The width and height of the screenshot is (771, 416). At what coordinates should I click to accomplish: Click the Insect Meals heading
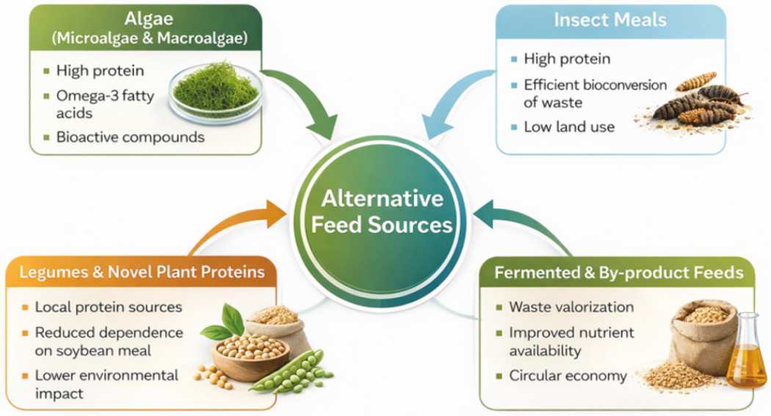click(610, 20)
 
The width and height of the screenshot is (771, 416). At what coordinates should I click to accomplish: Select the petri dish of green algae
click(215, 93)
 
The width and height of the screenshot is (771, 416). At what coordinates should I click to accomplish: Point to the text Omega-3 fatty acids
click(105, 104)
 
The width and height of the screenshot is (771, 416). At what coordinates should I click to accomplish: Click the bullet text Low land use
click(569, 127)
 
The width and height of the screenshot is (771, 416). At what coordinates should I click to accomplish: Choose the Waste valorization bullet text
click(571, 307)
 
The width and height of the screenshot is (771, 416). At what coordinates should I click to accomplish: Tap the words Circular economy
click(568, 376)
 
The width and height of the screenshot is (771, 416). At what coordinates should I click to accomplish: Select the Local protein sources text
click(109, 307)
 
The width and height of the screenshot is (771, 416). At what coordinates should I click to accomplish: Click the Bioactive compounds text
click(130, 136)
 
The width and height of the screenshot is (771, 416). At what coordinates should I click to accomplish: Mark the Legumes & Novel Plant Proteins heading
click(142, 271)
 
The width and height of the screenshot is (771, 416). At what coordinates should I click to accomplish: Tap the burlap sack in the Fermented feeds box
click(703, 339)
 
